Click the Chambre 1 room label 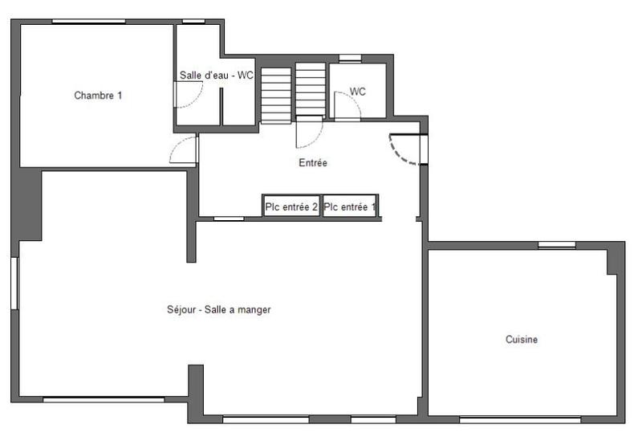98,96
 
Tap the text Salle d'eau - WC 216,76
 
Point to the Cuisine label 522,340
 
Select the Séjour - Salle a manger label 219,309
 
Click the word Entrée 313,163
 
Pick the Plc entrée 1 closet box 350,207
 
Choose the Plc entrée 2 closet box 292,207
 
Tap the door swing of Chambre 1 184,150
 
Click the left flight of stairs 276,94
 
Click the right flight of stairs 310,90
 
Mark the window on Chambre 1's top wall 88,22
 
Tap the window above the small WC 350,58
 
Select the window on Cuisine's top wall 556,244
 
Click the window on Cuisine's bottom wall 519,419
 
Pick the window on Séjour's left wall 14,283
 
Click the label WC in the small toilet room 358,92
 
